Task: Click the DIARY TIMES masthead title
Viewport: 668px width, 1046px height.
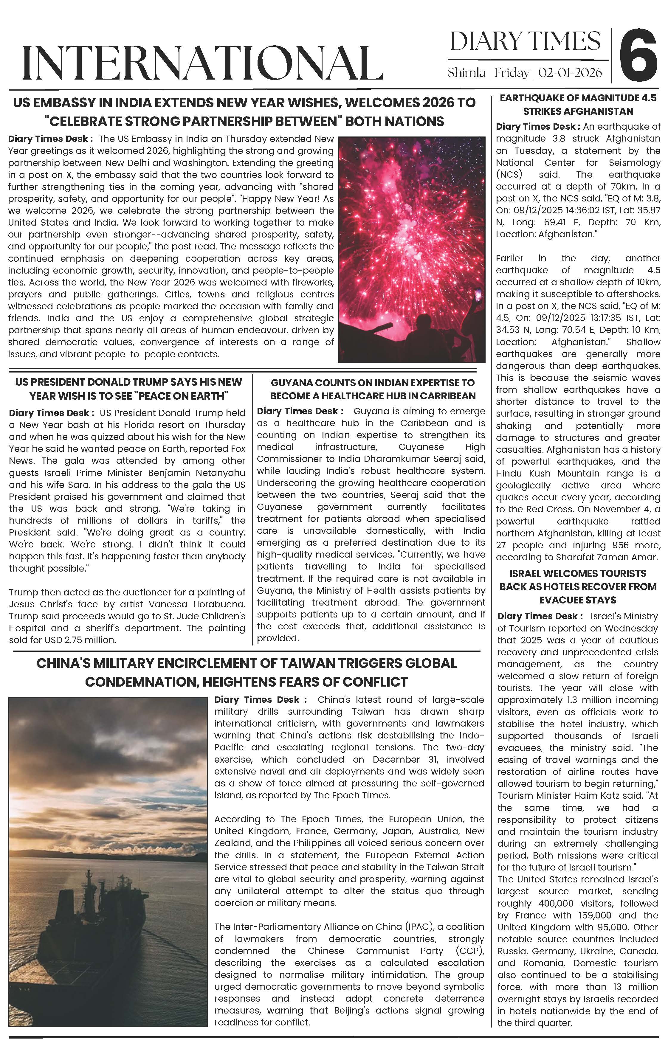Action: pos(525,42)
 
